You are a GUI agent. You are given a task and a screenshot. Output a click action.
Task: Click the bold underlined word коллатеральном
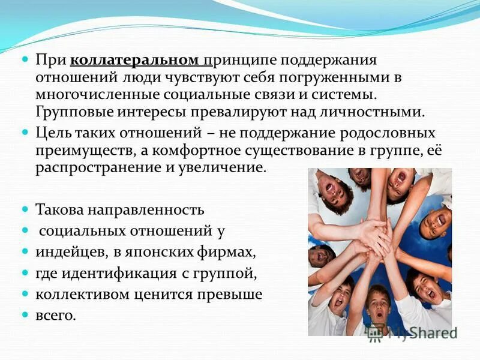click(135, 61)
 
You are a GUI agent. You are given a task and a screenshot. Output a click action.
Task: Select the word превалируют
click(233, 112)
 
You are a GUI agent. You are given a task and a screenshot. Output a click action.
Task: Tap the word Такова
click(60, 210)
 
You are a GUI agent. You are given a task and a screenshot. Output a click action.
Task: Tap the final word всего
click(56, 315)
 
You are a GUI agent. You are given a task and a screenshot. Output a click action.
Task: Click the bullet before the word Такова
click(25, 210)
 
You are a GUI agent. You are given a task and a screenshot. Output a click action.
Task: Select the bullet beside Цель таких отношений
click(25, 132)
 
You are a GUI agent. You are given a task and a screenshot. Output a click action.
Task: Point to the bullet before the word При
click(25, 61)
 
